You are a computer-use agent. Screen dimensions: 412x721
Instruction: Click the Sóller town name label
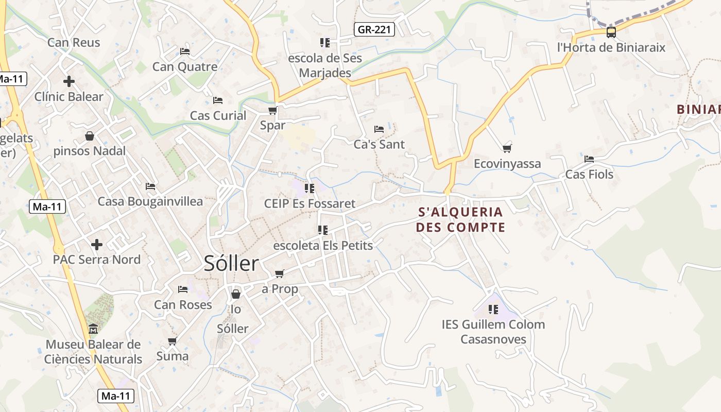(x=231, y=264)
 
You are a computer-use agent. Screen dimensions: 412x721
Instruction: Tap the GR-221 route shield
(x=374, y=29)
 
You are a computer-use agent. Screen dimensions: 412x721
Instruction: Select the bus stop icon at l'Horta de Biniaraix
(x=611, y=32)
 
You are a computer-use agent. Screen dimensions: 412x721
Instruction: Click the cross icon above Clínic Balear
(x=69, y=81)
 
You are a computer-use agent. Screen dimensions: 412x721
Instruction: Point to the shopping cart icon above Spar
(x=272, y=110)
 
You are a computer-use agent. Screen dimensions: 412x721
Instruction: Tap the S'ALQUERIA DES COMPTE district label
(x=460, y=219)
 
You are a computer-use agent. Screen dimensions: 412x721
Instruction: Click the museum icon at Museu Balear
(x=93, y=329)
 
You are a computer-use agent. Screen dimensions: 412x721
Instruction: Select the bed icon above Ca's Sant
(x=379, y=129)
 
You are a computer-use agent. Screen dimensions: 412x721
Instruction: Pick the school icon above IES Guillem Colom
(x=493, y=310)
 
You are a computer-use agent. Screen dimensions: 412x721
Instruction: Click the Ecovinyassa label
(x=507, y=164)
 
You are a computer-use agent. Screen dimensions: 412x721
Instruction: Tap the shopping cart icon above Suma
(x=173, y=341)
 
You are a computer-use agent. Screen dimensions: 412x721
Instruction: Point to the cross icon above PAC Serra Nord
(x=97, y=244)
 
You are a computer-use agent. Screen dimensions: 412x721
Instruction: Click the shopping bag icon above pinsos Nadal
(x=90, y=136)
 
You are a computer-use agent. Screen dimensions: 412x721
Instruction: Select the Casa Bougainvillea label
(x=150, y=201)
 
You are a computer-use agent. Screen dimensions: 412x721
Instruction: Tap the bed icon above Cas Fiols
(x=589, y=159)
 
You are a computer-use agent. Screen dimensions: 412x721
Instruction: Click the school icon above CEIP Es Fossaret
(x=310, y=188)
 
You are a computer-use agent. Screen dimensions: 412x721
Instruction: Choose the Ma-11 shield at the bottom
(x=116, y=396)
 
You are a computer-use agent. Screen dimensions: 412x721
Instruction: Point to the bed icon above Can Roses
(x=183, y=289)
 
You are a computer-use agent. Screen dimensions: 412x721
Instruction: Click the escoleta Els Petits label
(x=323, y=245)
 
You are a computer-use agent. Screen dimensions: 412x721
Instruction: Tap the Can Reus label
(x=74, y=42)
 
